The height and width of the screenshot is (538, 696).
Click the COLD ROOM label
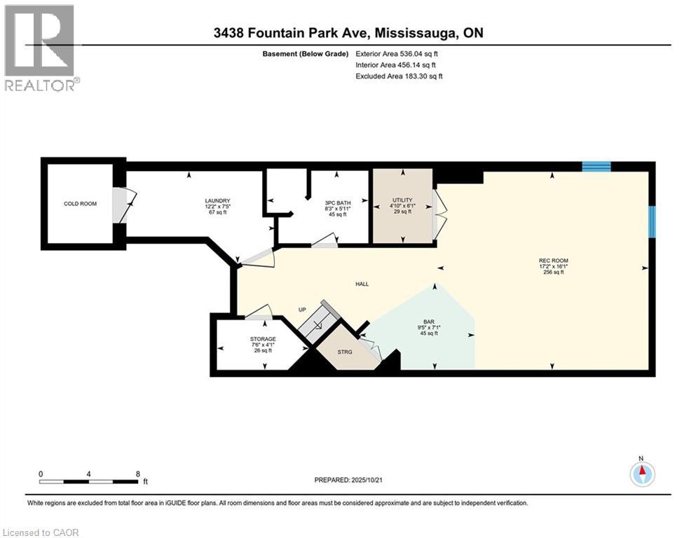(x=79, y=204)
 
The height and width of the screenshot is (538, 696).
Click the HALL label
(x=362, y=284)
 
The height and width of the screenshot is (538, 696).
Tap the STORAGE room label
(x=263, y=340)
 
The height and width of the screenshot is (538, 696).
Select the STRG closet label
(x=343, y=352)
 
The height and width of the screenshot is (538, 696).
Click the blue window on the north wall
(x=596, y=166)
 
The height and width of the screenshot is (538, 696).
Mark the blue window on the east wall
(x=651, y=221)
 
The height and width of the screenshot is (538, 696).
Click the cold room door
(x=121, y=205)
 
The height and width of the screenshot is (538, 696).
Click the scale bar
(x=89, y=481)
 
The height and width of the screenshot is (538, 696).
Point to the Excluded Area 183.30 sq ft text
(x=399, y=76)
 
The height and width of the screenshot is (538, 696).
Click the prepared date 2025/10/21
(x=348, y=480)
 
